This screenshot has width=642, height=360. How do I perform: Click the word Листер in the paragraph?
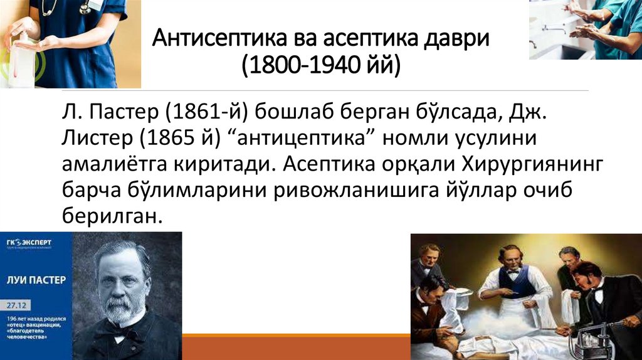click(92, 139)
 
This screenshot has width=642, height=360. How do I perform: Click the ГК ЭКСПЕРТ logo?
click(29, 243)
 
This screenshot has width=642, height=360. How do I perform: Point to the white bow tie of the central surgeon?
click(512, 270)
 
